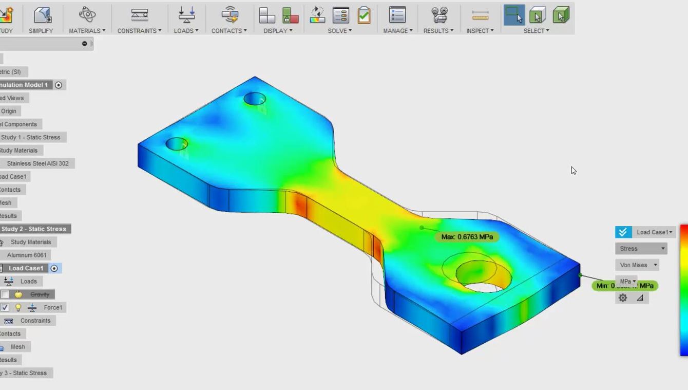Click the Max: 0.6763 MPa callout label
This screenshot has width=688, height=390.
point(467,237)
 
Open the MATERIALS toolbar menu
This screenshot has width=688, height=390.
point(87,30)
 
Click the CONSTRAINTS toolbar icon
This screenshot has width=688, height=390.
point(139,15)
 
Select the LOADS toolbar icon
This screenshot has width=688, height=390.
point(186,15)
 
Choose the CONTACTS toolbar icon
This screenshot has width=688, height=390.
point(230,15)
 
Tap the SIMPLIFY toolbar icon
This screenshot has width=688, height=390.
point(41,15)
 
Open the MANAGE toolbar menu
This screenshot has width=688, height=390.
point(398,30)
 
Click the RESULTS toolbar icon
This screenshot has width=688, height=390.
point(439,15)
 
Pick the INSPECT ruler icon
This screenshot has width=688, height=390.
point(480,15)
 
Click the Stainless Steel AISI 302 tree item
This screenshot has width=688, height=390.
point(37,163)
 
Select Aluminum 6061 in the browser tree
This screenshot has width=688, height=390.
point(27,255)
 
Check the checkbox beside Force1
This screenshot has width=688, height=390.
point(5,307)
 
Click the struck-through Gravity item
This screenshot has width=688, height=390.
point(40,294)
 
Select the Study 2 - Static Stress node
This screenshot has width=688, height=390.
point(34,229)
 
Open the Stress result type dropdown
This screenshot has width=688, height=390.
point(641,249)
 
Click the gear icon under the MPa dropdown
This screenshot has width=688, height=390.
point(623,298)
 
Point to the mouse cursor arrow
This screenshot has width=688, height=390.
point(573,170)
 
